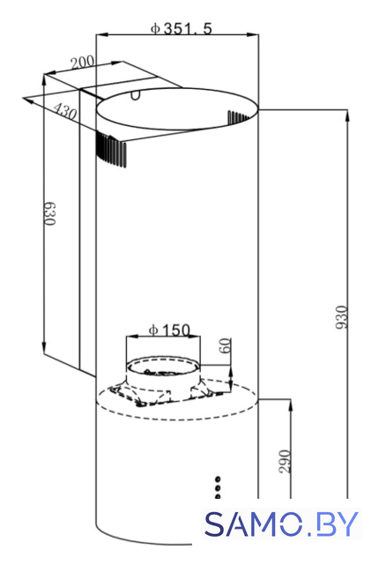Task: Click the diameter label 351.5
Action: [x=182, y=29]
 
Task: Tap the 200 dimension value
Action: [x=83, y=63]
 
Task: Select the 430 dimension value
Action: [x=65, y=112]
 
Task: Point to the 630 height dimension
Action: [x=50, y=213]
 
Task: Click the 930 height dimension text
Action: [x=342, y=317]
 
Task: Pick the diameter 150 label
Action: [x=169, y=330]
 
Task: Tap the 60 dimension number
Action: [x=225, y=345]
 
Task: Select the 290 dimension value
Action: [x=285, y=462]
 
